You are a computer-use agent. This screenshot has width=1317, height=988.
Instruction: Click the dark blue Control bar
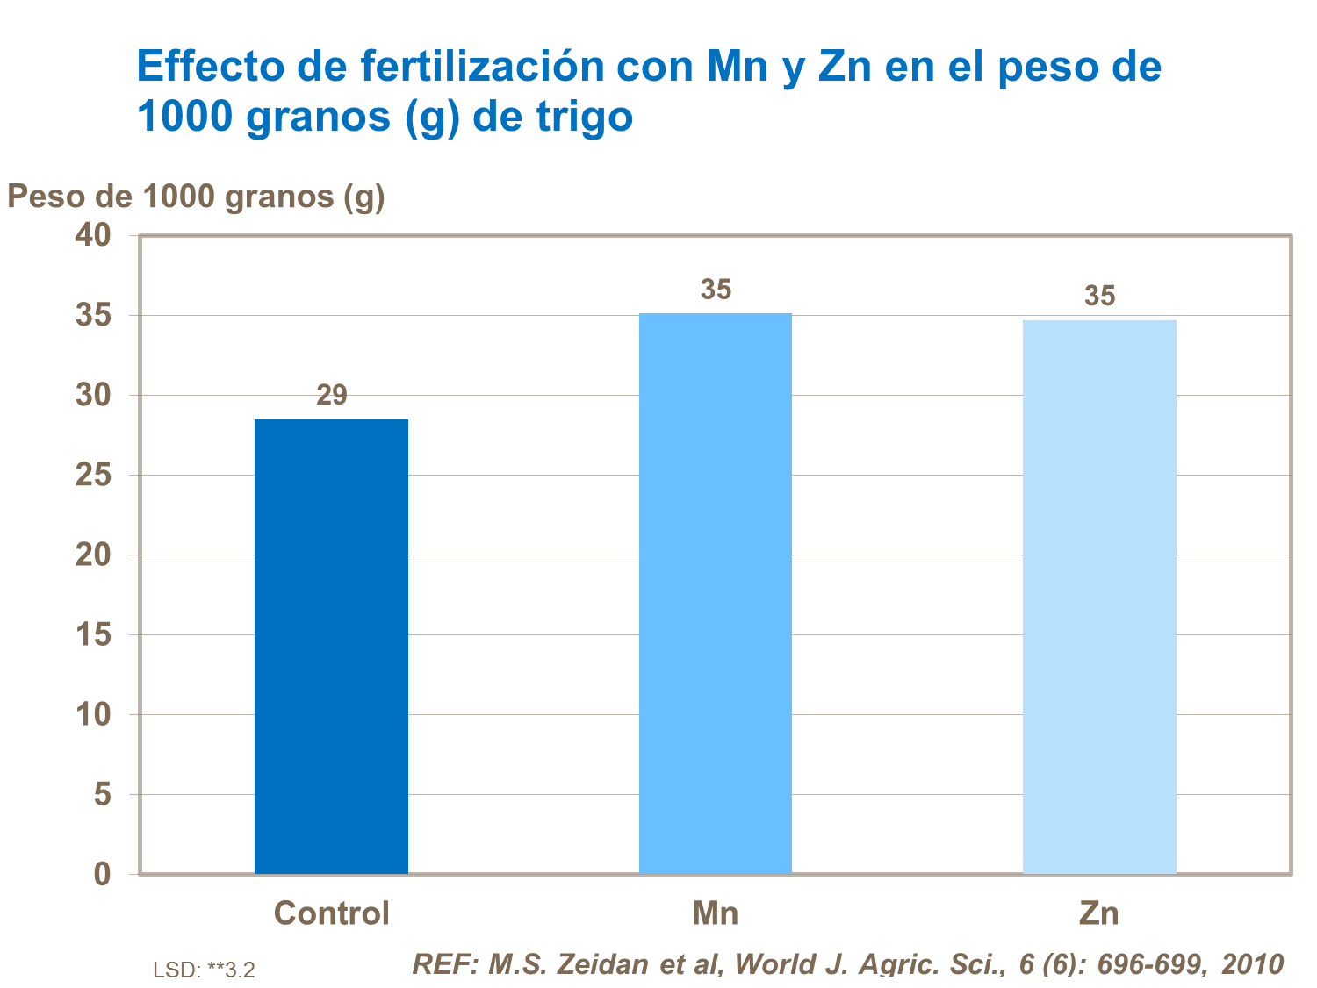[331, 646]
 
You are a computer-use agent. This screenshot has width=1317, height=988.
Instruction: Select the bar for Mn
[715, 593]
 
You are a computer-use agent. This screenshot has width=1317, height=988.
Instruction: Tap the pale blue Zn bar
[1099, 597]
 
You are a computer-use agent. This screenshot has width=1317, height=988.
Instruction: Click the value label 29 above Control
[332, 396]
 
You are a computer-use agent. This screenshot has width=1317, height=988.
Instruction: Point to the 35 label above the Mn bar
[716, 290]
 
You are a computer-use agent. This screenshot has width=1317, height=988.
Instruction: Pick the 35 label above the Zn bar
[1099, 297]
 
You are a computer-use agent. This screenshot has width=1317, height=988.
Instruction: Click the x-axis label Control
[331, 913]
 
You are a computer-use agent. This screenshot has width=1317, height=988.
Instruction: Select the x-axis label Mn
[715, 913]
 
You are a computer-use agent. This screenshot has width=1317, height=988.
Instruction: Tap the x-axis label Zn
[1099, 913]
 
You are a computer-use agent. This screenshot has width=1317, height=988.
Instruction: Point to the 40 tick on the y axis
[94, 235]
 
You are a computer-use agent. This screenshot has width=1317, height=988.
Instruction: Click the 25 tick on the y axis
[94, 475]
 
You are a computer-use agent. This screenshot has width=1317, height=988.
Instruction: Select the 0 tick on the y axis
[103, 874]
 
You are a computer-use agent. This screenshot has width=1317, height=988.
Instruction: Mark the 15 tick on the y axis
[94, 634]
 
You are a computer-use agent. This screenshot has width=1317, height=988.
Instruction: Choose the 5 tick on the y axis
[103, 794]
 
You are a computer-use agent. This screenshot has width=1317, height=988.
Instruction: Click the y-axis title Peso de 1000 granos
[196, 197]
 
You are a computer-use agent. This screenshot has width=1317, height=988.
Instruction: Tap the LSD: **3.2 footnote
[204, 970]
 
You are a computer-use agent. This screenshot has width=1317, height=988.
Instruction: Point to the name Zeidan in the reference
[605, 964]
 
